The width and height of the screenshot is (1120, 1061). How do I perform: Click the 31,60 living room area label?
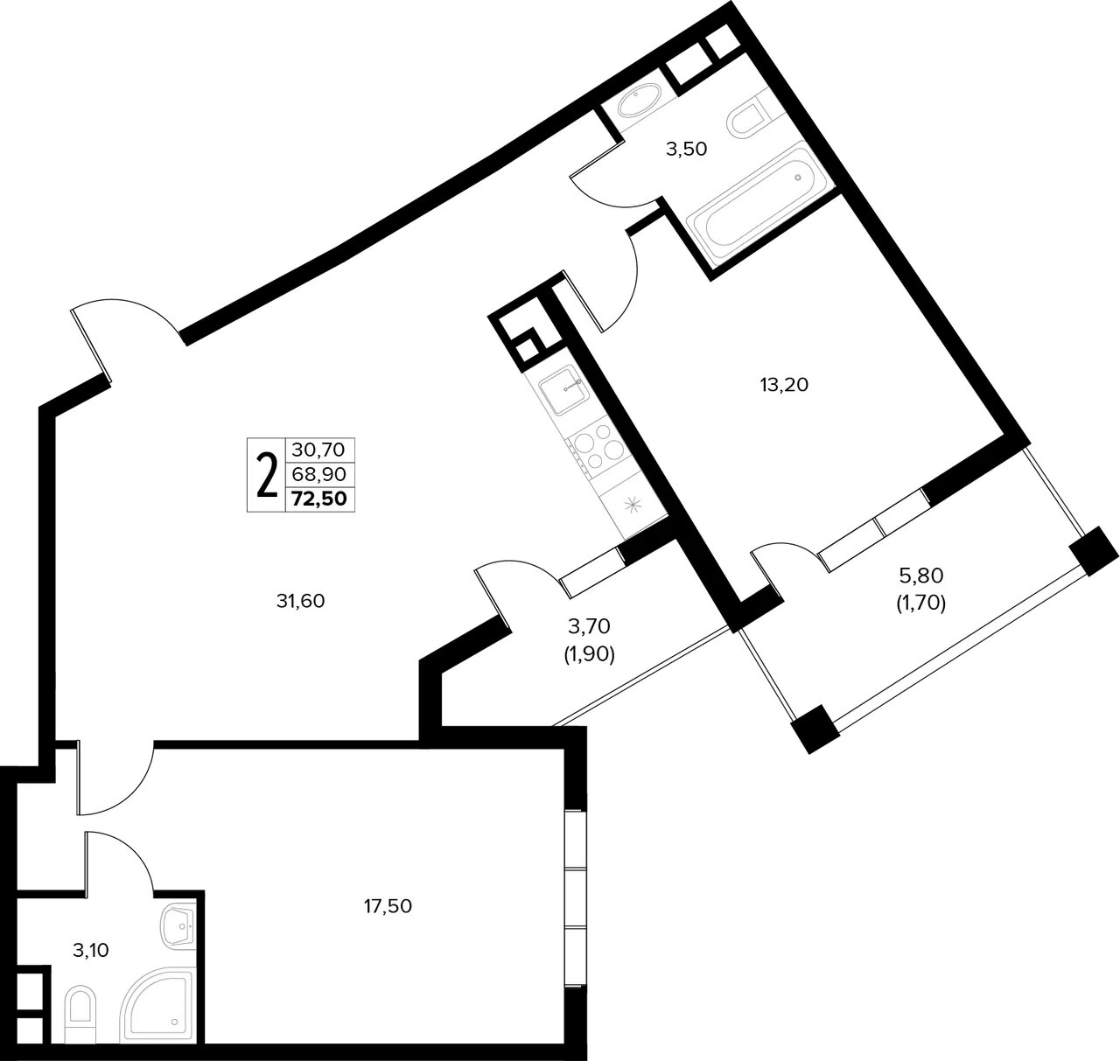point(300,601)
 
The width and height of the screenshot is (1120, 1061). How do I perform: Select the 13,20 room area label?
point(784,385)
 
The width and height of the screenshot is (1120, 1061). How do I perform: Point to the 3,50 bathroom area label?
point(687,150)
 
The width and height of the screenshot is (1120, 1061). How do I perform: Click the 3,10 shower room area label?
point(91,950)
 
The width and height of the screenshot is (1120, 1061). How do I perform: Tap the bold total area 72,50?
point(319,499)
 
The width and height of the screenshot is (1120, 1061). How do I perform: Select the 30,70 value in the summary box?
point(318,450)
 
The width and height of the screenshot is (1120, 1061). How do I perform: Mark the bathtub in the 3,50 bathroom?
point(760,207)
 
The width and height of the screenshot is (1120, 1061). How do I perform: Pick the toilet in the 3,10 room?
point(79,1009)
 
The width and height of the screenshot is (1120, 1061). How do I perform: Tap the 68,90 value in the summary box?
point(318,474)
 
